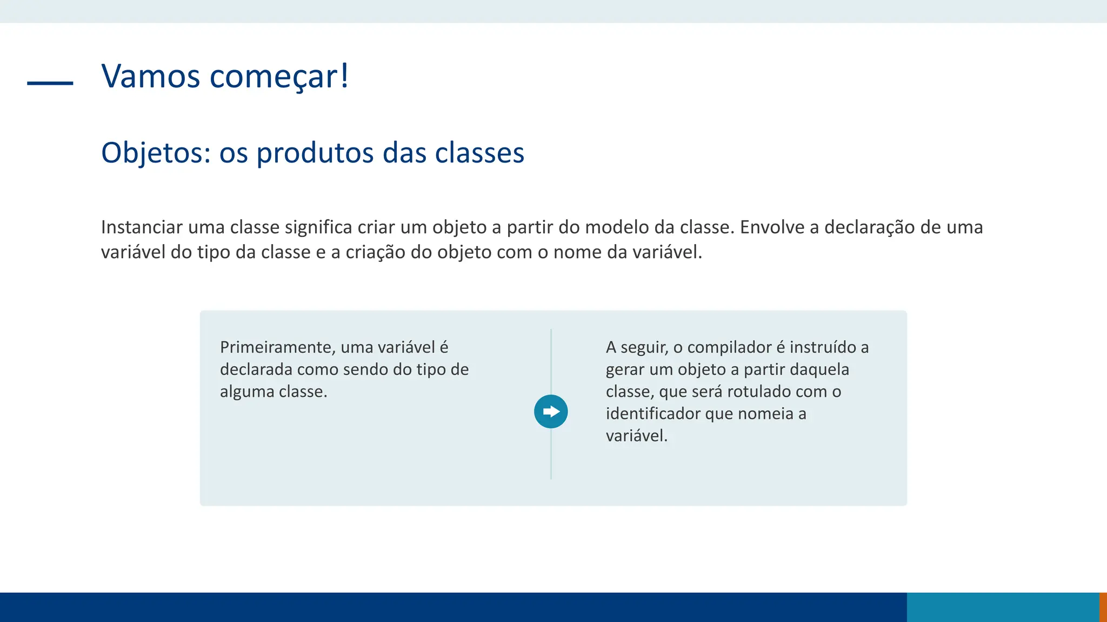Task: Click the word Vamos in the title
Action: pyautogui.click(x=151, y=76)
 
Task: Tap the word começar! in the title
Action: pyautogui.click(x=279, y=77)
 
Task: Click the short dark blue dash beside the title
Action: pyautogui.click(x=50, y=83)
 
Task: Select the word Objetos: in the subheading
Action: pyautogui.click(x=156, y=153)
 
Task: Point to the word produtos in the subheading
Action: pyautogui.click(x=315, y=153)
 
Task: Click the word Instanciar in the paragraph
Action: pyautogui.click(x=142, y=227)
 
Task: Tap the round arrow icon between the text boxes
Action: pyautogui.click(x=551, y=411)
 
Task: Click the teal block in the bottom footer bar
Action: pyautogui.click(x=1003, y=607)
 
